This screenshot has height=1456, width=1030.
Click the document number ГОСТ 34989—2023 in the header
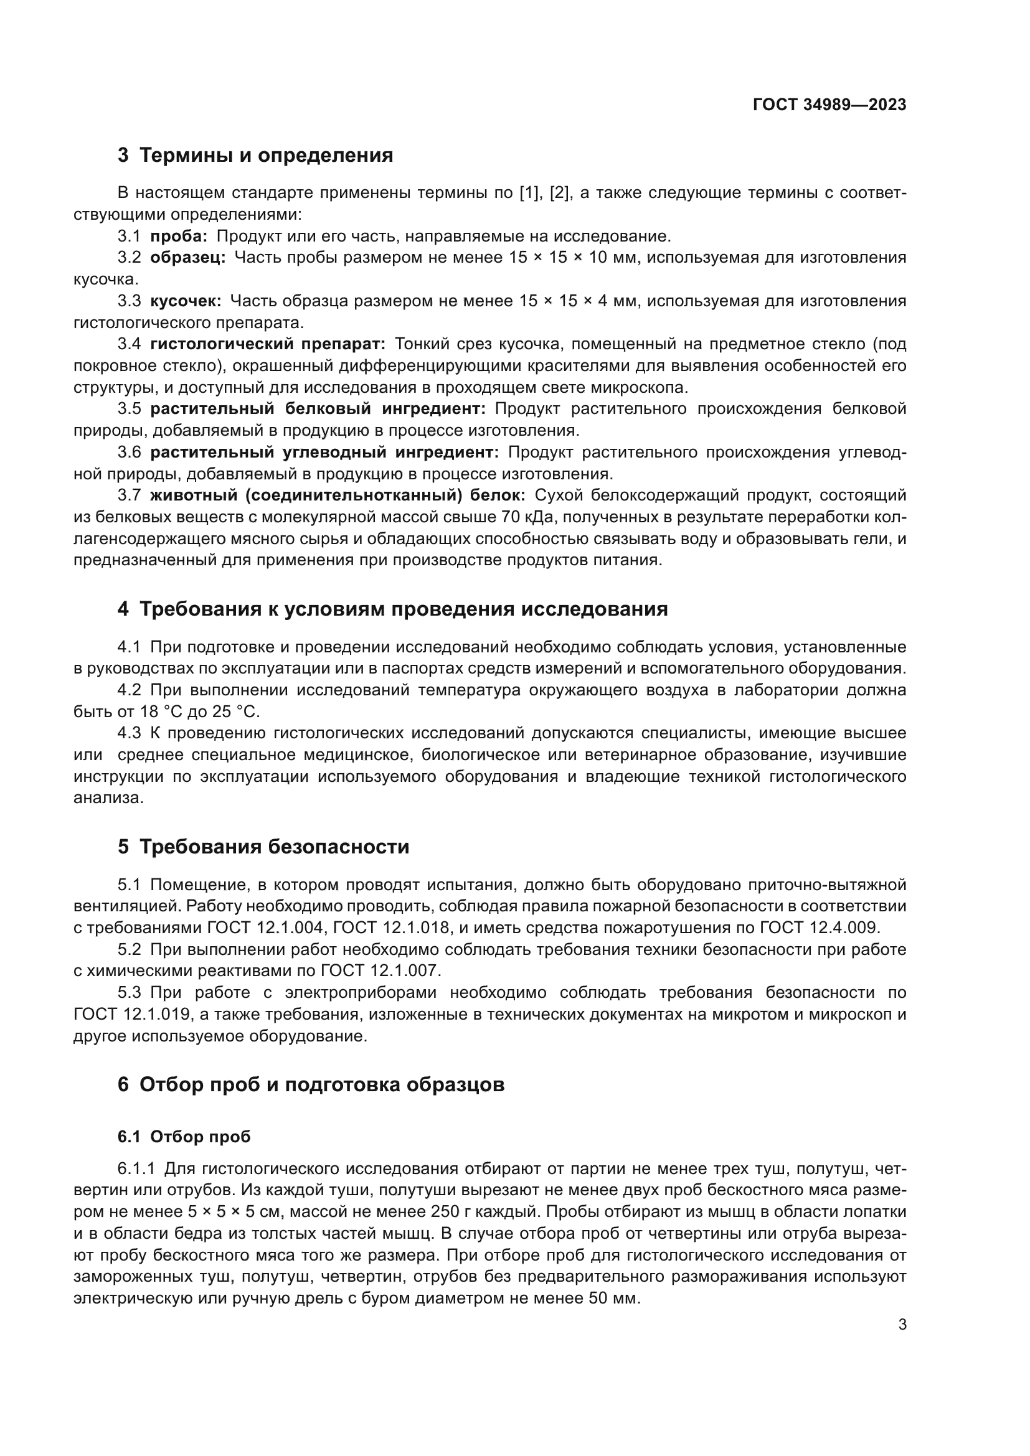tap(829, 105)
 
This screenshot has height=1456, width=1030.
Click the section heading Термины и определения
tap(266, 156)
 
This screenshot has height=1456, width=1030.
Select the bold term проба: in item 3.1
tap(179, 237)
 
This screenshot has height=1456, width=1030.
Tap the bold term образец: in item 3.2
tap(187, 258)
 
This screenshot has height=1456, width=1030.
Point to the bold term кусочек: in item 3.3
tap(186, 301)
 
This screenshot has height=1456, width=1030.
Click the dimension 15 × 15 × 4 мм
tap(579, 301)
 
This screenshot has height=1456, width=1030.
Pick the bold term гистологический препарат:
tap(268, 344)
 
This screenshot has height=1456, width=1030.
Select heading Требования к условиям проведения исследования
tap(404, 609)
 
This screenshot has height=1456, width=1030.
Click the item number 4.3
tap(129, 733)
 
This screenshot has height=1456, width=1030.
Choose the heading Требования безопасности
tap(274, 847)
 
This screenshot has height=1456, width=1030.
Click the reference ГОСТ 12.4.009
tap(820, 928)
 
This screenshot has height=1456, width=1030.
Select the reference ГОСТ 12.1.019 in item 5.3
tap(132, 1014)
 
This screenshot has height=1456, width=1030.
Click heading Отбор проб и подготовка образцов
tap(321, 1084)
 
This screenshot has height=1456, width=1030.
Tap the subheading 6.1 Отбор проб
tap(184, 1137)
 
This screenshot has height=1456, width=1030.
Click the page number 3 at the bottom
tap(902, 1325)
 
